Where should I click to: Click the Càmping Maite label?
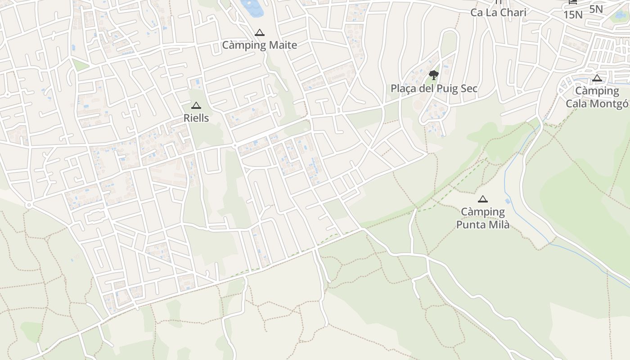(x=259, y=45)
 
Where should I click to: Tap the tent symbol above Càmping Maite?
(x=259, y=33)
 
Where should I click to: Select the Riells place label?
(x=196, y=118)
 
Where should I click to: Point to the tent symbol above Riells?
(x=196, y=106)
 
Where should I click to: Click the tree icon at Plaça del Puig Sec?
(x=434, y=75)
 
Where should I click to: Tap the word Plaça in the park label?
(x=404, y=89)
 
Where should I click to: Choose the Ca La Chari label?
(x=498, y=13)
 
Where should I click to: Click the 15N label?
(x=573, y=15)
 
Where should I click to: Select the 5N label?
(x=596, y=9)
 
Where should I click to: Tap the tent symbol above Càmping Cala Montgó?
(x=597, y=78)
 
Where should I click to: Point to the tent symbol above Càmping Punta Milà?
(x=483, y=199)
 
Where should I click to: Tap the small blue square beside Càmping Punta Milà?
(x=508, y=201)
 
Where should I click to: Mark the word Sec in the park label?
(x=468, y=89)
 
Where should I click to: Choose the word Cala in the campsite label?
(x=576, y=103)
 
